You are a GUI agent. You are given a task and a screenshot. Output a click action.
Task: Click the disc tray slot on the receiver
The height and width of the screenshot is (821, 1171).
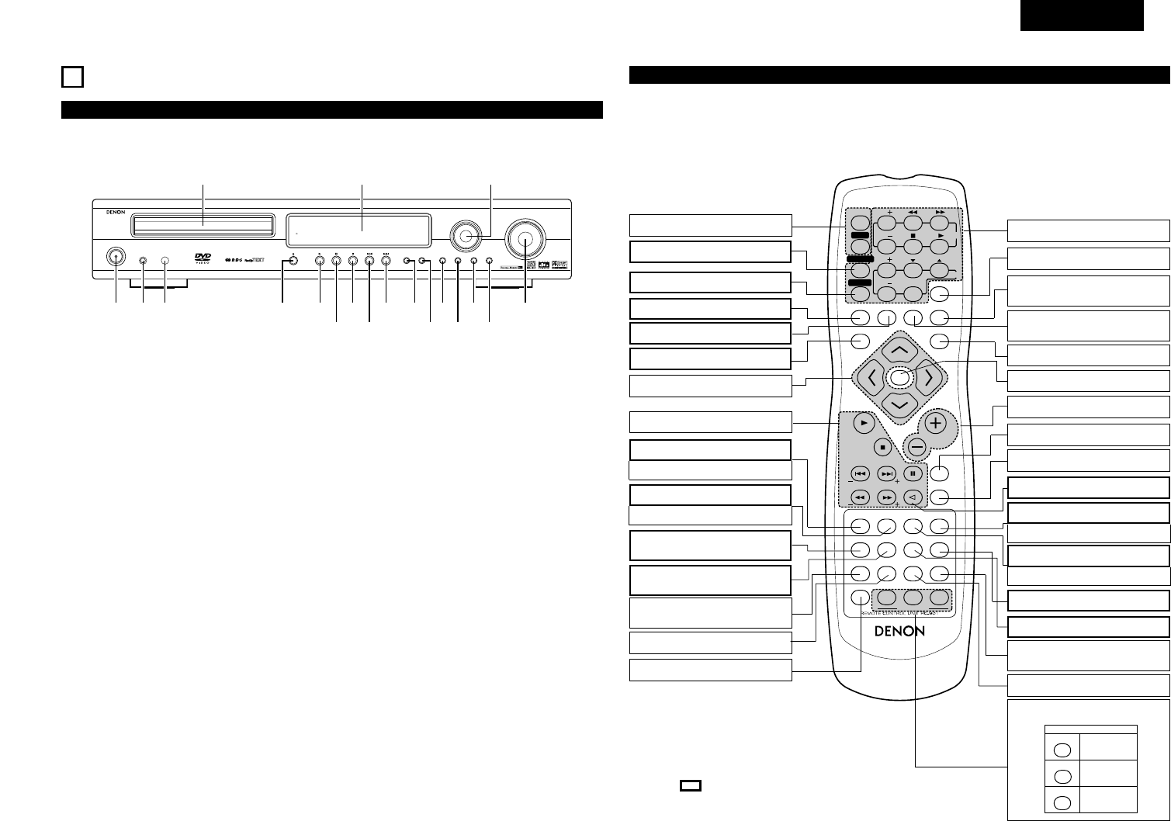[203, 225]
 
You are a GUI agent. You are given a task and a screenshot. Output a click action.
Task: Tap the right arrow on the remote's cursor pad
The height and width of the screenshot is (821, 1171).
[928, 379]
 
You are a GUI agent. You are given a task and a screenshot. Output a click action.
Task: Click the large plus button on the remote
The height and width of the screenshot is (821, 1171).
[936, 424]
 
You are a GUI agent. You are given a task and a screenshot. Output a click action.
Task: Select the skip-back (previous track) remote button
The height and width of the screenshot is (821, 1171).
[859, 473]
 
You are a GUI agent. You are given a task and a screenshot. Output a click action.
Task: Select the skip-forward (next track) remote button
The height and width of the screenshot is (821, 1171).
[886, 473]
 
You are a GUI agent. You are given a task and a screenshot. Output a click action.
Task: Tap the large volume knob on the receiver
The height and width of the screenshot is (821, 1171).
[526, 240]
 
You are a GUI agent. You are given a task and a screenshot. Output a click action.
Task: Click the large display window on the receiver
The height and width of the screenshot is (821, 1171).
[359, 229]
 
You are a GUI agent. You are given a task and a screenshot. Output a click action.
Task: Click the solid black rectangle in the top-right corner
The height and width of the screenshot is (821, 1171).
[1082, 16]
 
